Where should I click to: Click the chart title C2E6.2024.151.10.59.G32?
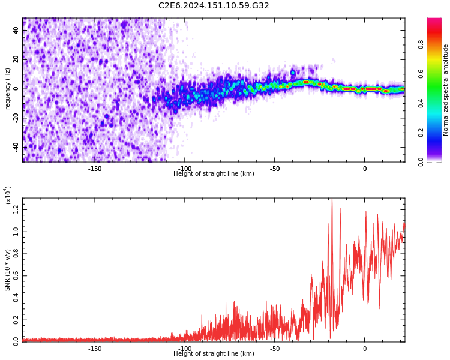(x=214, y=6)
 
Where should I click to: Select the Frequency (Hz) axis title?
(x=8, y=90)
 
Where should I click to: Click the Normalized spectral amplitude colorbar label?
(x=446, y=90)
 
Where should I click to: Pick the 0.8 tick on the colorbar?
(x=437, y=44)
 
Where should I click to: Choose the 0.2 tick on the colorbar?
(x=437, y=132)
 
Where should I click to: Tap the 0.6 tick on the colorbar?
(x=437, y=73)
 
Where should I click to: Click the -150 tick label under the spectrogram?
(x=95, y=169)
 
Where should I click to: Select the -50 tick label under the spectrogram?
(x=274, y=169)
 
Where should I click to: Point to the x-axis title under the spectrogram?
(x=214, y=174)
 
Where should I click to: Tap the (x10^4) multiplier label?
(x=8, y=194)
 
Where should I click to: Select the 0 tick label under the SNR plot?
(x=364, y=349)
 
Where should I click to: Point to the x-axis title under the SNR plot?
(x=214, y=354)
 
